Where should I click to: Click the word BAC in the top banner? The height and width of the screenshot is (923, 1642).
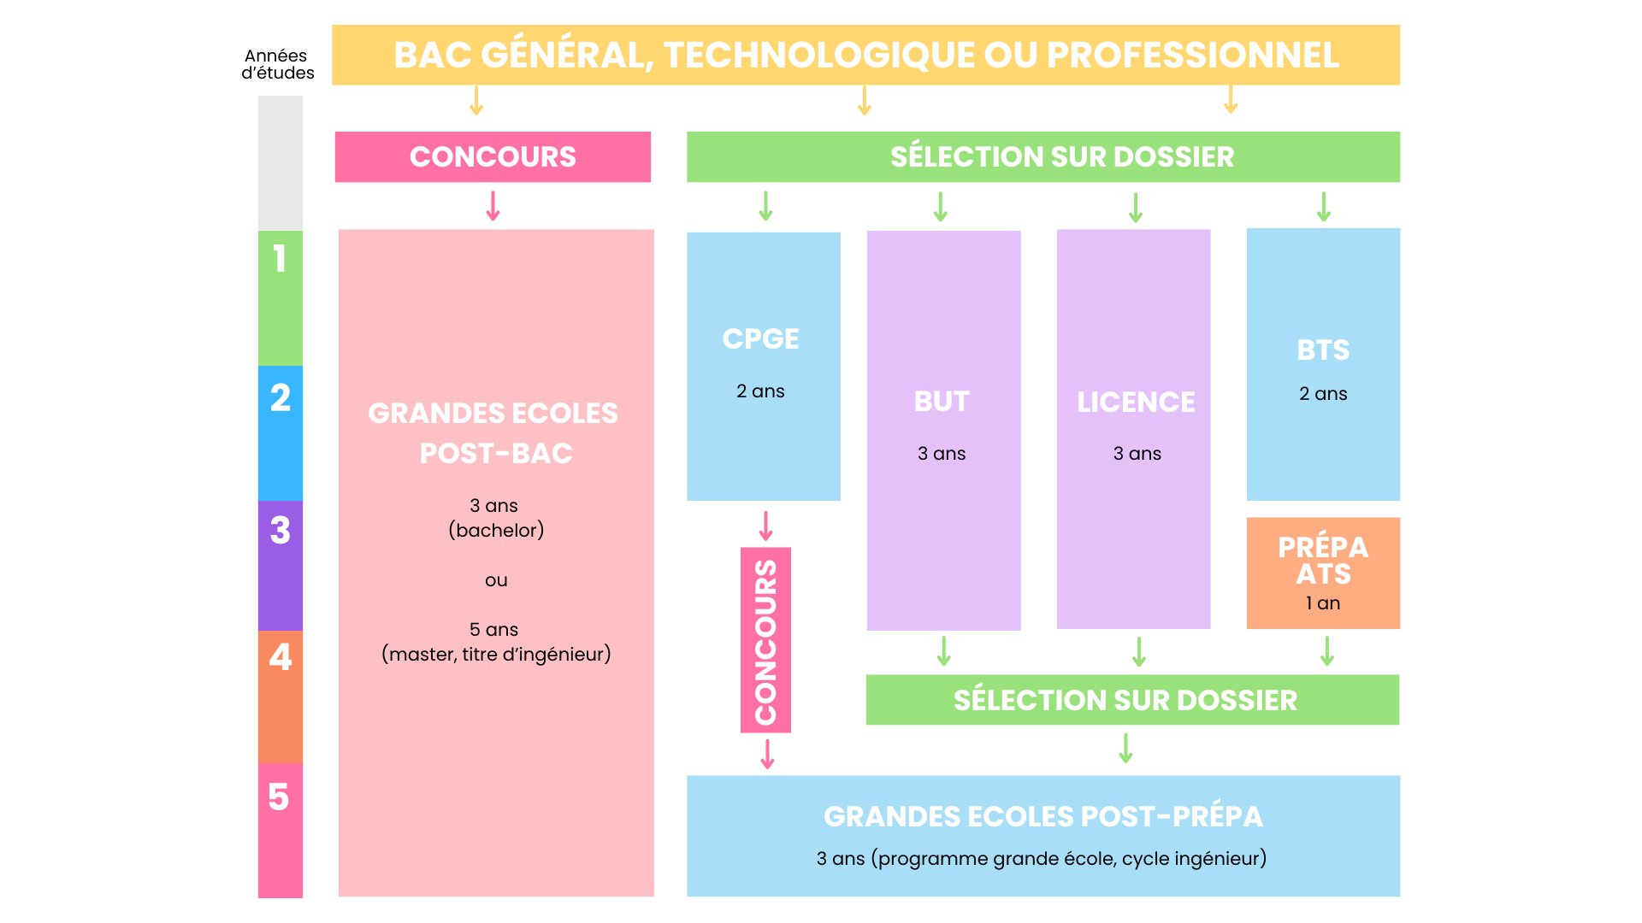tap(433, 56)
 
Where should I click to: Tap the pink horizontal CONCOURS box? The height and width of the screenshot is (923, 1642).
tap(493, 157)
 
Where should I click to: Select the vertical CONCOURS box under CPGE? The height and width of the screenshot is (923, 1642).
tap(765, 640)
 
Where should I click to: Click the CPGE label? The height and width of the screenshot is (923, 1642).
tap(760, 339)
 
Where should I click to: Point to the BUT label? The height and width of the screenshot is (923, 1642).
tap(942, 402)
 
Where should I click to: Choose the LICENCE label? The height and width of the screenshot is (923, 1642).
tap(1136, 403)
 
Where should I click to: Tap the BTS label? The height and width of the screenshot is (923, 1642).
tap(1323, 350)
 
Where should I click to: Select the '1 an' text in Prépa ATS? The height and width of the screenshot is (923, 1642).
tap(1323, 603)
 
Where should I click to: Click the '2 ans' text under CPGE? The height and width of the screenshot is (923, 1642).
tap(760, 391)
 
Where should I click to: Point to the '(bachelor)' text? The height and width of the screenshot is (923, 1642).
tap(496, 531)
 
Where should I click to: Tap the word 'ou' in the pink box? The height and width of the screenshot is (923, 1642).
tap(496, 581)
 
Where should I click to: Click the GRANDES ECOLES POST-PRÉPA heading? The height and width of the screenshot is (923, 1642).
tap(1042, 817)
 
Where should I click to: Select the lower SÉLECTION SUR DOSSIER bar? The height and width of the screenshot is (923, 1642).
tap(1125, 701)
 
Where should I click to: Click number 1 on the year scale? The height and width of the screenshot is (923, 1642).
tap(280, 259)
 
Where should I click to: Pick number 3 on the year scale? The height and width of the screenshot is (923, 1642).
tap(281, 531)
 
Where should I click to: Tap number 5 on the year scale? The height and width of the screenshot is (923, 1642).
tap(279, 797)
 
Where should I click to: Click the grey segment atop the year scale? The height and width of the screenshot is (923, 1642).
tap(281, 162)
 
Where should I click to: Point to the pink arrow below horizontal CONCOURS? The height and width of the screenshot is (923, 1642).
tap(493, 206)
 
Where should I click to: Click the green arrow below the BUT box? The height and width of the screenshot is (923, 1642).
tap(943, 651)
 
